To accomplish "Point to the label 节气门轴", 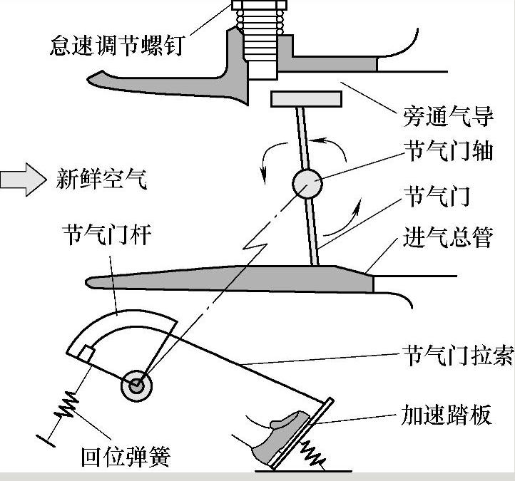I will [449, 152].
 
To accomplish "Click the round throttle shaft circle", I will [307, 184].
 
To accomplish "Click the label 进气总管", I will [449, 237].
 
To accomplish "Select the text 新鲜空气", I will [101, 179].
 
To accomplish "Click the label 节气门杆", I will [106, 234].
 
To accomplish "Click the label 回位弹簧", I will [126, 456].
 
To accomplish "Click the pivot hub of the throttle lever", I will [136, 387].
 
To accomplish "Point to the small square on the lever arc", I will [86, 351].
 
